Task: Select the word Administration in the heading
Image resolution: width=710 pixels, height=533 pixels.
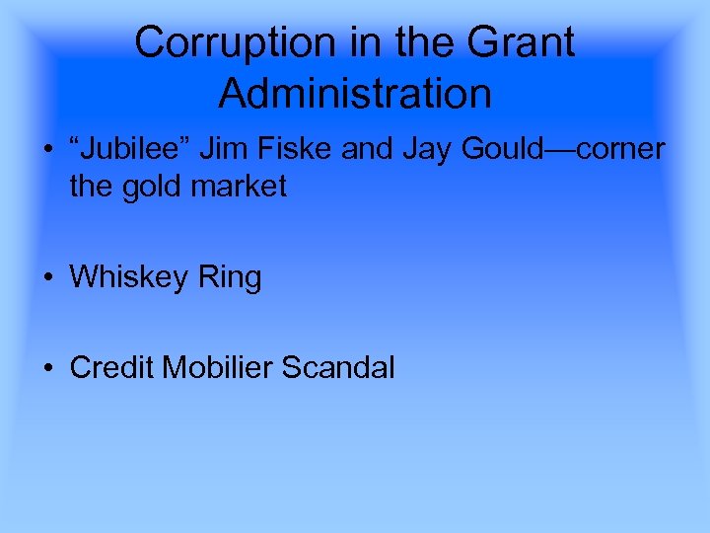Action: [x=355, y=94]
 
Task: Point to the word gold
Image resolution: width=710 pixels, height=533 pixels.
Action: [x=159, y=186]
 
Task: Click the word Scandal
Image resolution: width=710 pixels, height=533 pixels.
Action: [x=338, y=367]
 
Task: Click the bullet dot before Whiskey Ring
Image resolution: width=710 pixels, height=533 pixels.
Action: [x=47, y=278]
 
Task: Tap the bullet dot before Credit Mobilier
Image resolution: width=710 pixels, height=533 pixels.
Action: [x=47, y=368]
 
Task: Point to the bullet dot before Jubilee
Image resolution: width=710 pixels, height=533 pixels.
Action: [x=47, y=149]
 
